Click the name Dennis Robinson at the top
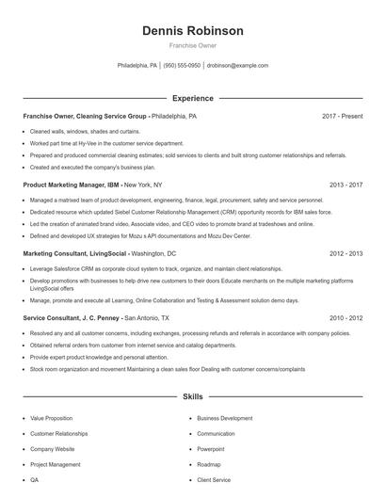click(x=192, y=31)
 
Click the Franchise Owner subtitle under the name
click(x=192, y=45)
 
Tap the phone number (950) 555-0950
click(x=182, y=66)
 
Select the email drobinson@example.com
click(x=237, y=66)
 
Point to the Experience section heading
click(x=192, y=98)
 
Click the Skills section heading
click(x=192, y=398)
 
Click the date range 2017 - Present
click(x=342, y=116)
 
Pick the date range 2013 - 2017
click(x=346, y=185)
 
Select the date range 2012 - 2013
click(x=346, y=253)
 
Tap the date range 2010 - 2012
click(x=346, y=318)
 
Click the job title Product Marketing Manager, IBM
click(x=71, y=185)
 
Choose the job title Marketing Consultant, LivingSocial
click(x=74, y=253)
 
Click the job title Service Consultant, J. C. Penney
click(x=72, y=318)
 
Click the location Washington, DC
click(x=153, y=253)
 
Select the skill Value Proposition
click(x=51, y=418)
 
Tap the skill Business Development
click(x=224, y=418)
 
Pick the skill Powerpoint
click(x=211, y=449)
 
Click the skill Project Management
click(x=55, y=464)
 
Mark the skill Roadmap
click(x=208, y=464)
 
